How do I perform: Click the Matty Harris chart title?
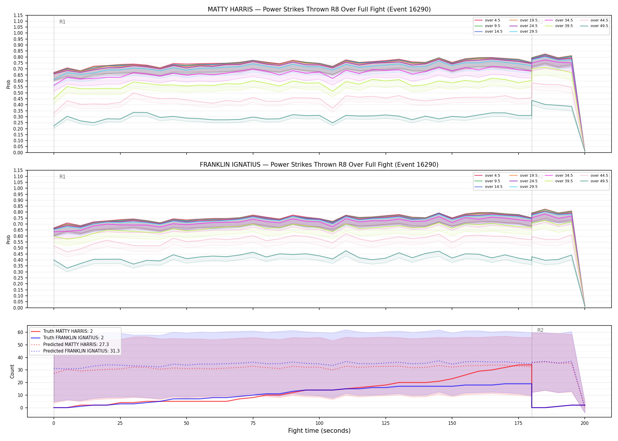point(319,9)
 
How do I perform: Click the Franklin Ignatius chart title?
point(319,165)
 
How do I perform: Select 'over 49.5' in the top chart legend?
point(599,26)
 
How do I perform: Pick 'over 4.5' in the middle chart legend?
point(492,176)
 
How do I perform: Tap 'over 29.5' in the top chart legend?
point(529,31)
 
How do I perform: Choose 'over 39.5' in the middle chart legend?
point(564,181)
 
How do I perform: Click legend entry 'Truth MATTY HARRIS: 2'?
point(68,331)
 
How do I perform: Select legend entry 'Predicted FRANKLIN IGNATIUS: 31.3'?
point(82,351)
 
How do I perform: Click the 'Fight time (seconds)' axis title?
point(319,431)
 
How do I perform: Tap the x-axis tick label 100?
point(319,423)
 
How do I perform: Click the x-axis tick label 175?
point(518,423)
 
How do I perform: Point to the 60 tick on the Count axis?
point(20,332)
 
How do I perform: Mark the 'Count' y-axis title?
point(12,371)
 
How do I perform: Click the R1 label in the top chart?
point(62,22)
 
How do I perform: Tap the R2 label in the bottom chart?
point(540,330)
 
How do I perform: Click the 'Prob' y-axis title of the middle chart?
point(9,239)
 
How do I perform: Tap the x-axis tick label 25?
point(120,423)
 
